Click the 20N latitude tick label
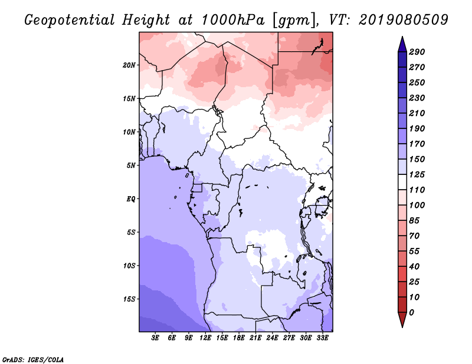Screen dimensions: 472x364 click(x=129, y=65)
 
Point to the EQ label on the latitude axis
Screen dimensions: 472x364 click(x=130, y=199)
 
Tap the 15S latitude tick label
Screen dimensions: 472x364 click(x=129, y=299)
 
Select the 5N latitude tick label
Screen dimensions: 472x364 click(x=131, y=166)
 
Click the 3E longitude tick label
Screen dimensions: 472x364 click(x=155, y=338)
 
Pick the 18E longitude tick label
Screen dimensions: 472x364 click(x=239, y=338)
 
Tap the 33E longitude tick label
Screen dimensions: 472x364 click(x=322, y=338)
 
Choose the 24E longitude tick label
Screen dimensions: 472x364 click(x=272, y=338)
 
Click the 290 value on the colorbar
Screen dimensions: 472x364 click(x=417, y=52)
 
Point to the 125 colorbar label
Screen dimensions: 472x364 click(x=417, y=174)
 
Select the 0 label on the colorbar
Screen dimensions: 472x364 click(x=411, y=313)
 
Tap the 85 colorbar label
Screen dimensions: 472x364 click(x=414, y=221)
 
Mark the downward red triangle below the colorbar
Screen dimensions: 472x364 click(x=402, y=319)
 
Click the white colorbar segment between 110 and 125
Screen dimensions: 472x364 click(x=402, y=182)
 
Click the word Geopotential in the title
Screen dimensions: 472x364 click(x=70, y=21)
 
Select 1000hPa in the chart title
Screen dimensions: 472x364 click(x=232, y=20)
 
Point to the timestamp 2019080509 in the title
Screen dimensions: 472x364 click(x=404, y=20)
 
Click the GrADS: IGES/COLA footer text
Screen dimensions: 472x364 click(x=33, y=360)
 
